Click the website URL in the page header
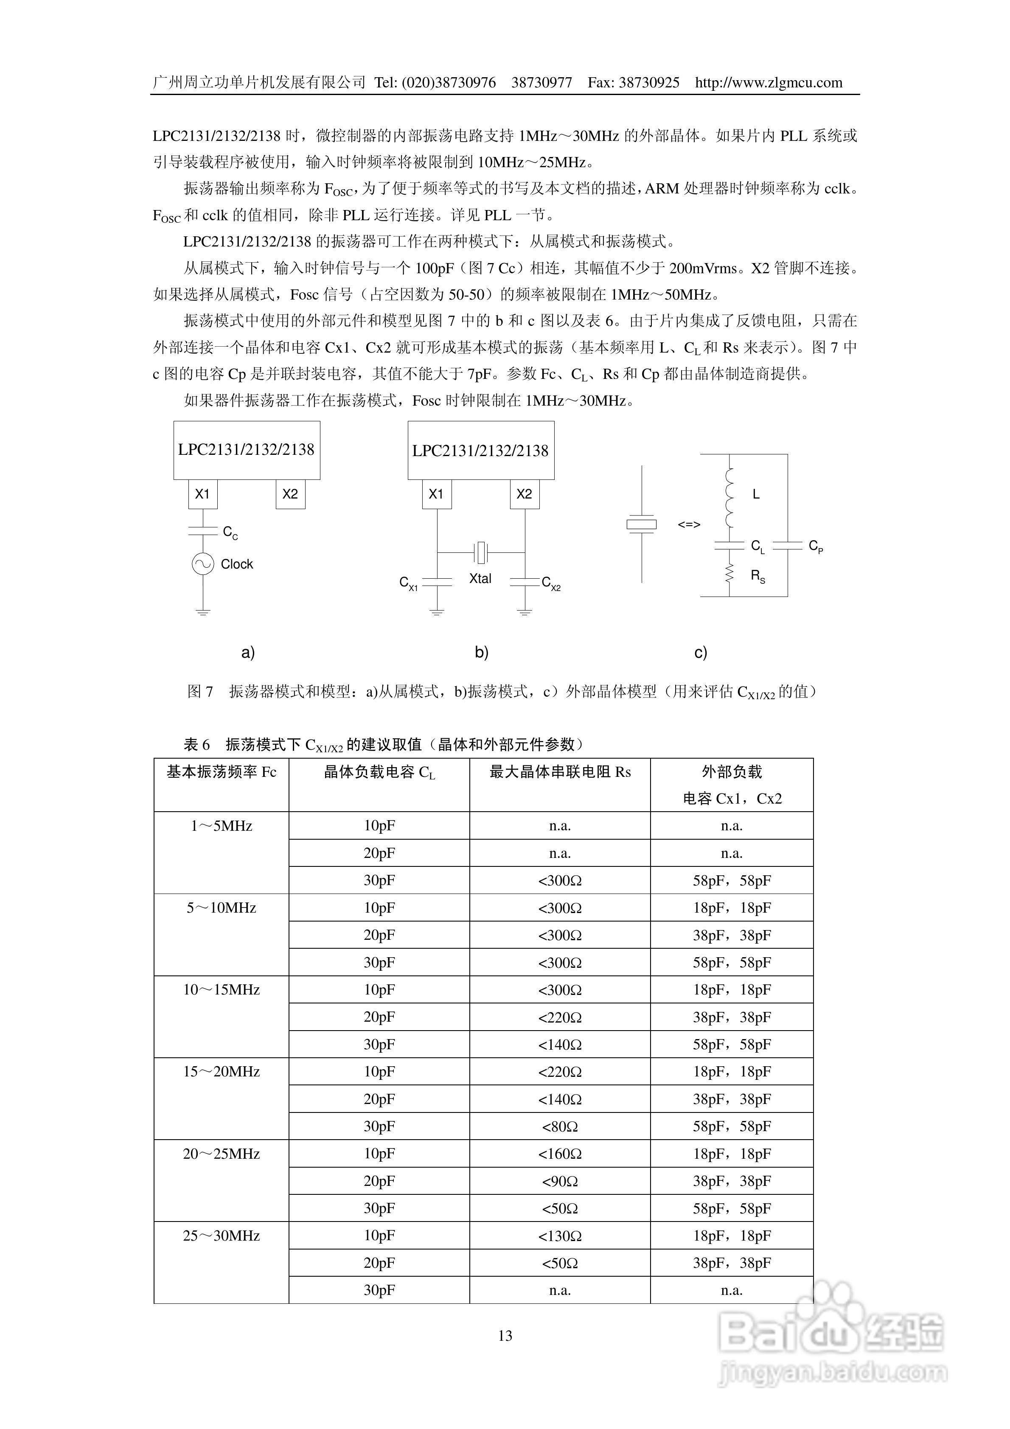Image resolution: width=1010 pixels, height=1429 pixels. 769,83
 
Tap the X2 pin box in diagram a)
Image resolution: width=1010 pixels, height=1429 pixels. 290,494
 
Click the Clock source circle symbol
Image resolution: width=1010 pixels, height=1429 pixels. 203,564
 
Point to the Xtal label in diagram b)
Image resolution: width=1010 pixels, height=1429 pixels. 480,579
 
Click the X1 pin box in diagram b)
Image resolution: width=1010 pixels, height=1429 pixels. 437,494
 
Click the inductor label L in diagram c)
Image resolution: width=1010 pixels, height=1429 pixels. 756,494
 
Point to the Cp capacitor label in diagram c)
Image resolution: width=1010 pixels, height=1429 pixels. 816,546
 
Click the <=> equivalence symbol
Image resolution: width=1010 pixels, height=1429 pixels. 689,525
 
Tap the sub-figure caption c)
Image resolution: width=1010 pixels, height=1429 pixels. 701,652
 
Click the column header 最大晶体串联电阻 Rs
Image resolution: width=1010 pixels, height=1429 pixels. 560,772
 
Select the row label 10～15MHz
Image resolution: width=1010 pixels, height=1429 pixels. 221,989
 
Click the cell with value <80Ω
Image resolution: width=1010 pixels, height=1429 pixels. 560,1126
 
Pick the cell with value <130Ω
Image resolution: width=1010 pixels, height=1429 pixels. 560,1236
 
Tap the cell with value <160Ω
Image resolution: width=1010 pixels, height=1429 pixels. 560,1154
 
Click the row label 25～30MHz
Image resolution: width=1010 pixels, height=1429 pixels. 221,1236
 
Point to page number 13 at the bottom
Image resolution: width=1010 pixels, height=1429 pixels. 505,1336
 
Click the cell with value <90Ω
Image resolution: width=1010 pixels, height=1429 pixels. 560,1181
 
